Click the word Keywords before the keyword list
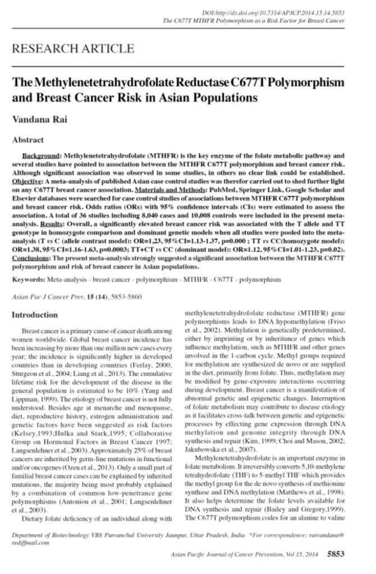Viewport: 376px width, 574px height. [x=28, y=278]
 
